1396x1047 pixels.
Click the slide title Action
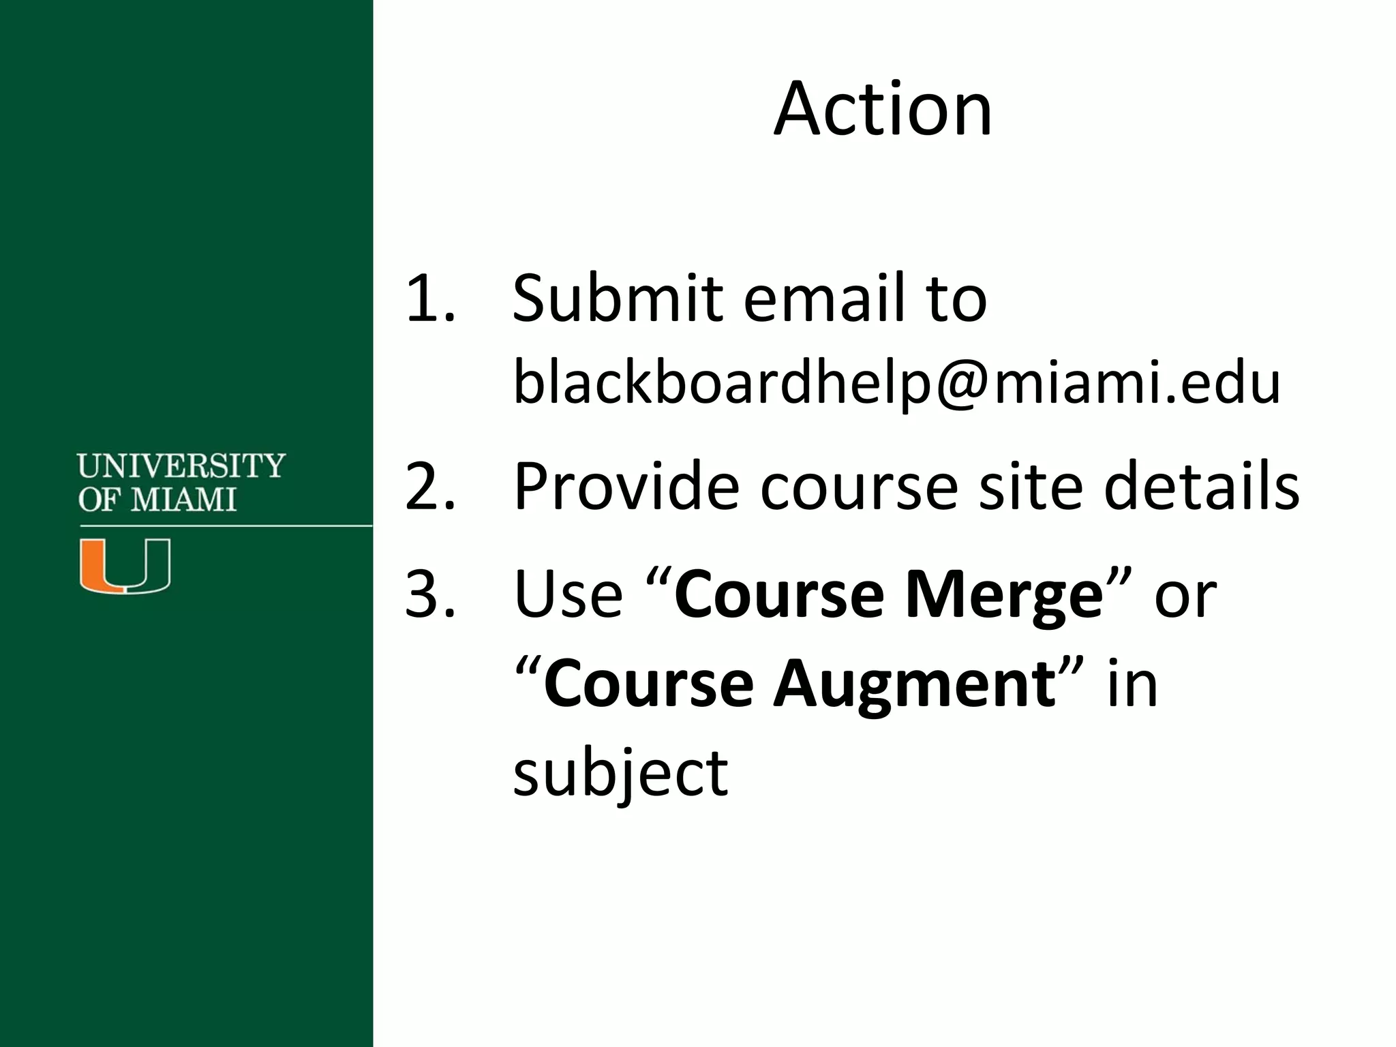pos(883,110)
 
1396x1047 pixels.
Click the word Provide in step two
pos(626,486)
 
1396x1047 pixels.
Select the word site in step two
pos(1030,486)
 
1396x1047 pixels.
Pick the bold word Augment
pos(913,684)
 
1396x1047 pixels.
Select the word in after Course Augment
pos(1132,685)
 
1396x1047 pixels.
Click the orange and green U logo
pos(125,565)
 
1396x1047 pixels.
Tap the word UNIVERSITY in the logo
pos(181,466)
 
